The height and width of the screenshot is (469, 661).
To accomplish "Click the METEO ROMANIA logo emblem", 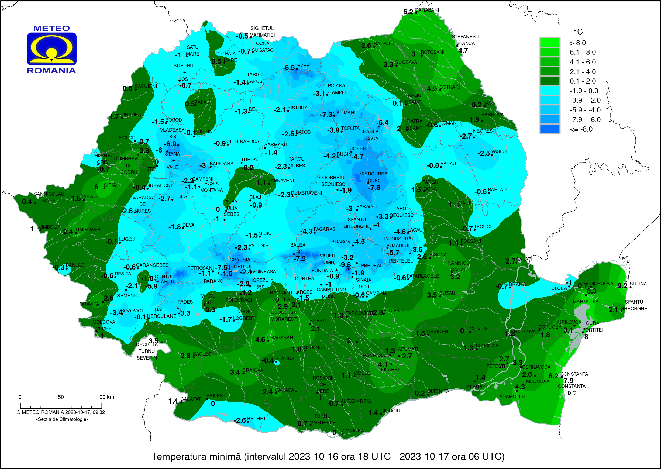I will click(x=51, y=49).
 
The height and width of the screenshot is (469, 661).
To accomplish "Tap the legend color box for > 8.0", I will click(x=550, y=43).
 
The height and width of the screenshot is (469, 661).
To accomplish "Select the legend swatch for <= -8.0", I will click(x=550, y=129).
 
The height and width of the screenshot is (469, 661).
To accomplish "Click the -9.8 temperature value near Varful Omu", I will click(x=345, y=264).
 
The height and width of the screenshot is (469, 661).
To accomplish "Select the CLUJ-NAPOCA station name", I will click(x=243, y=142).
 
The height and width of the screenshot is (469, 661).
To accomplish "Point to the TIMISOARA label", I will click(x=88, y=230).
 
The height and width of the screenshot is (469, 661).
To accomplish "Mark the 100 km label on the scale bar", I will click(x=105, y=397).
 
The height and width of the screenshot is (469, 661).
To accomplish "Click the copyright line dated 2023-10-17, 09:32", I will click(x=61, y=412).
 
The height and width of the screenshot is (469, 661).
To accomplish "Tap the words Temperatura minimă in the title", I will click(x=196, y=457).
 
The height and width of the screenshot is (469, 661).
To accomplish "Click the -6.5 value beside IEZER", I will click(x=288, y=68).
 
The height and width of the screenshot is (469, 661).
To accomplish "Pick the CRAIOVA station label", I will click(x=253, y=370).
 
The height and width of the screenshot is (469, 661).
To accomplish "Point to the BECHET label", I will click(x=256, y=418).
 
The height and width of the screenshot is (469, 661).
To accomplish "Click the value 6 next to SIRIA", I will click(x=96, y=187).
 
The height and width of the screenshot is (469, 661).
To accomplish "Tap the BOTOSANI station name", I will click(x=432, y=52).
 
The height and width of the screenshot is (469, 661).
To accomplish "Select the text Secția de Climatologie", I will click(x=62, y=419).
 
